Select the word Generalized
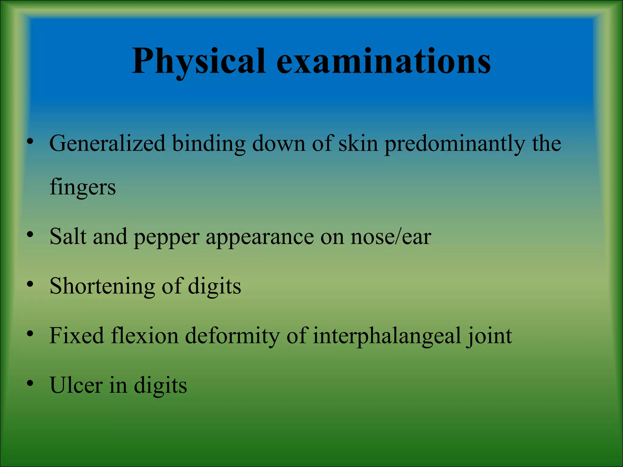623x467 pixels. pos(107,144)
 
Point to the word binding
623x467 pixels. pos(209,144)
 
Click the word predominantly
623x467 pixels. pos(454,144)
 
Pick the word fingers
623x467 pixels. pos(83,187)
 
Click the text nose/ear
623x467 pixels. pos(391,237)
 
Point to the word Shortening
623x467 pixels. pos(102,287)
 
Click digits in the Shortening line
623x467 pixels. pos(214,287)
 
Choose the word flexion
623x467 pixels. pos(144,336)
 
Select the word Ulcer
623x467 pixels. pos(76,385)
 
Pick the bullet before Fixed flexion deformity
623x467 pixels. pos(30,334)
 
